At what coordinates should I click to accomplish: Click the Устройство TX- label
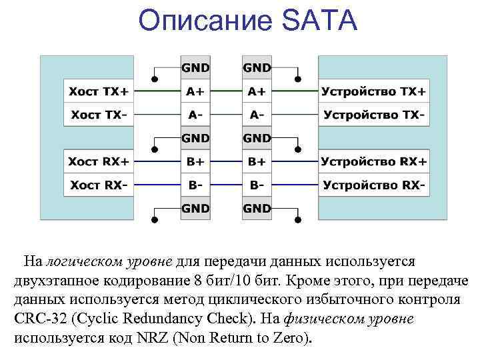(x=374, y=115)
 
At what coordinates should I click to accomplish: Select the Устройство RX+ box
(x=374, y=161)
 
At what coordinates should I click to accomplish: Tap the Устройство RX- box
(x=374, y=184)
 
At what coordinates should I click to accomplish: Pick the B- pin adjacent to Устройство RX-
(x=257, y=184)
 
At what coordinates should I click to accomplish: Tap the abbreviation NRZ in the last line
(x=153, y=338)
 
